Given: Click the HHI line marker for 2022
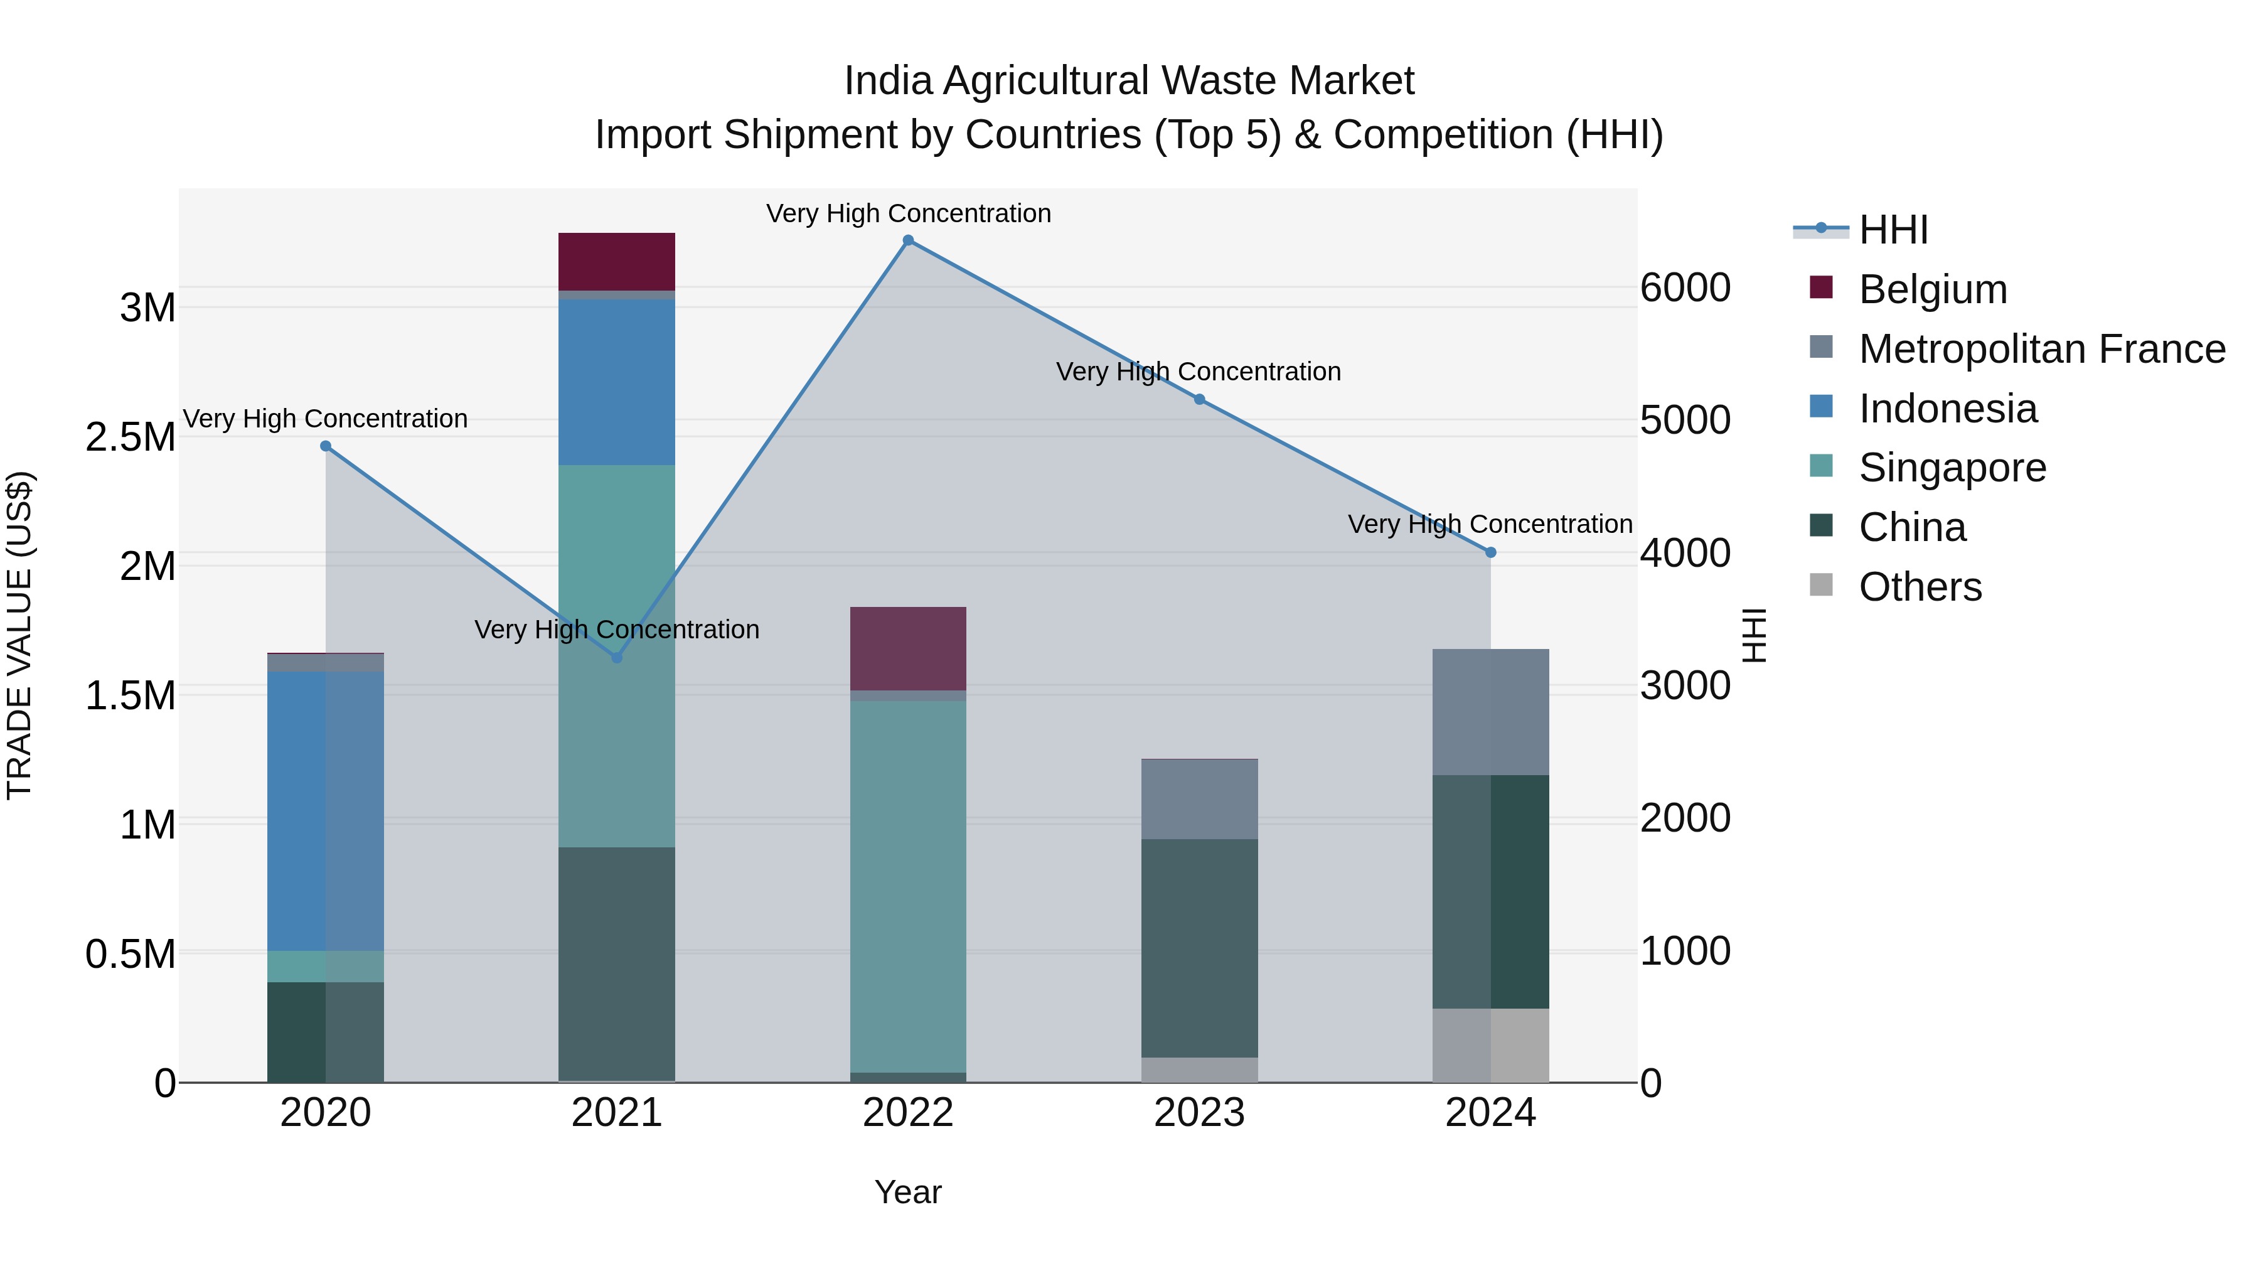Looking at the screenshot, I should coord(907,240).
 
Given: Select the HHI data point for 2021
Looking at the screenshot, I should coord(616,657).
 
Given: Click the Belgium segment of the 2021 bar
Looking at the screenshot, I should coord(616,261).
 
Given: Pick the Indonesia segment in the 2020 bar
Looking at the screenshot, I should coord(325,812).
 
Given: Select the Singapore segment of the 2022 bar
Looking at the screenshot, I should coord(907,886).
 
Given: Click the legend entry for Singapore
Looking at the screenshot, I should coord(1951,468).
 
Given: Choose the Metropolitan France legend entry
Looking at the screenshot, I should coord(2041,349).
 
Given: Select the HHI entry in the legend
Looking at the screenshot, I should coord(1893,230).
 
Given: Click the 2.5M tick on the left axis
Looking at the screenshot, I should coord(131,437).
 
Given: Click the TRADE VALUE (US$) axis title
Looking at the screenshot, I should coord(19,635).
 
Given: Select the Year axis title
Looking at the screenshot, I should coord(907,1192).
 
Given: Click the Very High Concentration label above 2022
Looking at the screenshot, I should coord(907,213).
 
